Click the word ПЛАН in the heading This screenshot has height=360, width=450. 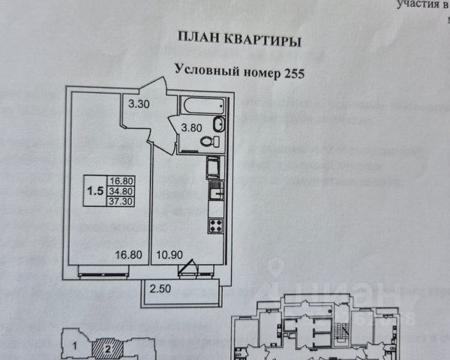197,37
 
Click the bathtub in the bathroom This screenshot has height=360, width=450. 202,104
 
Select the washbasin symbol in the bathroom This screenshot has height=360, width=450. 217,140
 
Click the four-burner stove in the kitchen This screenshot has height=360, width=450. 216,223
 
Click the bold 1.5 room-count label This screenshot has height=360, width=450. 95,190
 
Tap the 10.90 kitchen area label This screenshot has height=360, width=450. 169,255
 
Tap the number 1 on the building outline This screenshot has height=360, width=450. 76,346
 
